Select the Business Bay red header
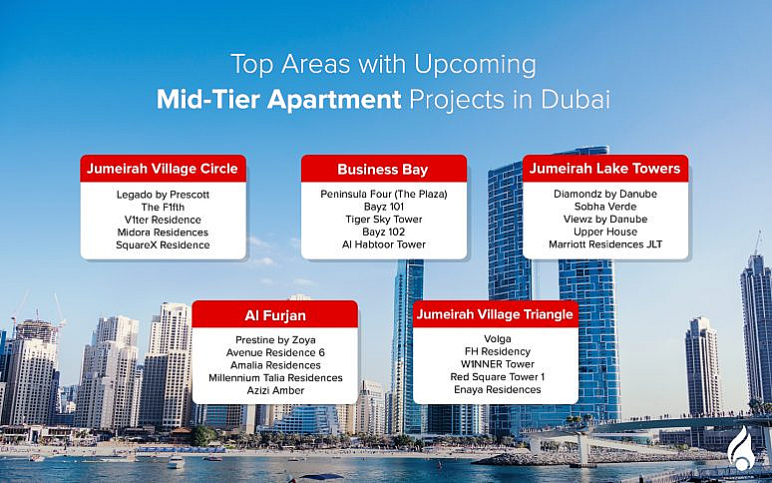tap(384, 169)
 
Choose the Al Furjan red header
tap(274, 315)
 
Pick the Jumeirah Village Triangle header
tap(495, 314)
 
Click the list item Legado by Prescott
tap(163, 193)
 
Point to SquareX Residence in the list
tap(163, 244)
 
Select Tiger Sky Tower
tap(384, 219)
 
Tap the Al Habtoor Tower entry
tap(384, 244)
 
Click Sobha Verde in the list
tap(604, 206)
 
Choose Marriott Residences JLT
tap(604, 244)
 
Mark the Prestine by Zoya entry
tap(274, 339)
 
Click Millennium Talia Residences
tap(274, 377)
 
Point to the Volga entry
tap(496, 338)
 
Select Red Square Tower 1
tap(496, 377)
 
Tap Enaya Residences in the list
tap(496, 390)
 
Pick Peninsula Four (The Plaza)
tap(384, 193)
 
